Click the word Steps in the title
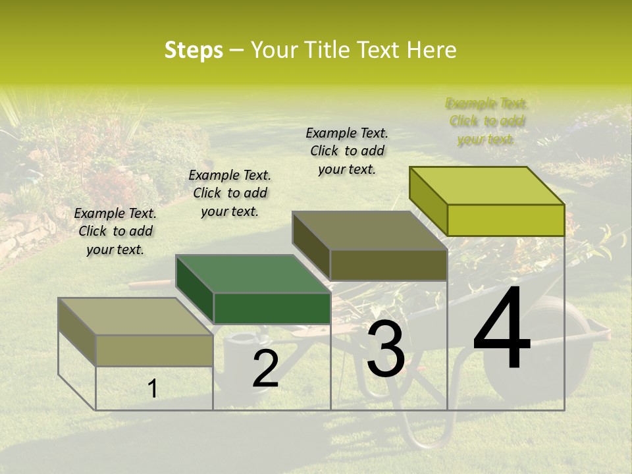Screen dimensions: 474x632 193,50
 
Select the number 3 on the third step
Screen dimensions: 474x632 385,350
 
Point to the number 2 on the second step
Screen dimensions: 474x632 265,369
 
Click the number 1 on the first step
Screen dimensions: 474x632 152,389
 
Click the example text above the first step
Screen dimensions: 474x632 115,231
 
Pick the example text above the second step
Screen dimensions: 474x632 230,193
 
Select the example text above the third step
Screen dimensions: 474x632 347,151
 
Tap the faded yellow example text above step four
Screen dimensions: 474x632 487,121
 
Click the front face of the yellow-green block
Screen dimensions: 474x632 506,220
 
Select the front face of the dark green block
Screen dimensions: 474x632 272,308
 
